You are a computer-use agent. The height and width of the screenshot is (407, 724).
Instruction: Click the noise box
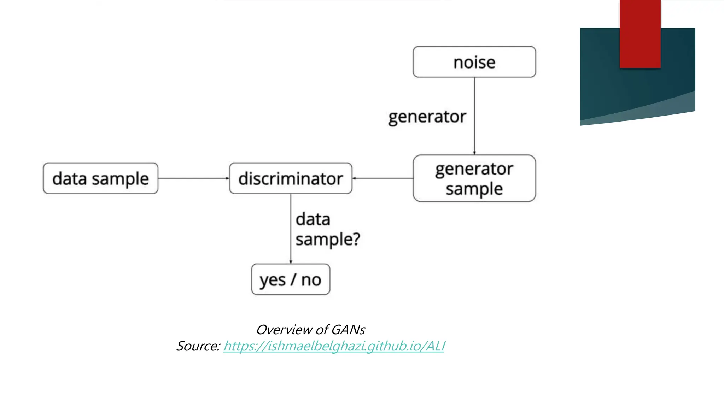point(474,62)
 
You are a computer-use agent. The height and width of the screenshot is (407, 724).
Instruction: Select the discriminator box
point(291,178)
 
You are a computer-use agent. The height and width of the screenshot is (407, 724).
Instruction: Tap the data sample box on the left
point(100,178)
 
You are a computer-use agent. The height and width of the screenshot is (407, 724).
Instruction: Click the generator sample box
point(474,178)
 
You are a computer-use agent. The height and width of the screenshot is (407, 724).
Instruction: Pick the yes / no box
point(291,279)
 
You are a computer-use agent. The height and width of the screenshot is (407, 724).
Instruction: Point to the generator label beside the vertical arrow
point(427,117)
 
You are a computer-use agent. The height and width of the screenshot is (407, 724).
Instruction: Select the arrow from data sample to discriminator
point(193,178)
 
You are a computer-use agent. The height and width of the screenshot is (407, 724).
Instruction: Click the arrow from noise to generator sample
point(474,117)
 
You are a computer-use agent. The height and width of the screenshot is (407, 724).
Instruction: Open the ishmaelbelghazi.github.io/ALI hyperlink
point(334,346)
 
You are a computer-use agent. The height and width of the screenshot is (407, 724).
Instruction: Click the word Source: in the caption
point(198,346)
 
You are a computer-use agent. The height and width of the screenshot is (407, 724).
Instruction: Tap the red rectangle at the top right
point(640,34)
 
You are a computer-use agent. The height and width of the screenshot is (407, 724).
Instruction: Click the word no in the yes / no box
point(311,280)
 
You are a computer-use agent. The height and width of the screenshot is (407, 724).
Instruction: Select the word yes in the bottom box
point(272,281)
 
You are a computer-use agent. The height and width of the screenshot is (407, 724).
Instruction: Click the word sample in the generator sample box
point(474,189)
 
